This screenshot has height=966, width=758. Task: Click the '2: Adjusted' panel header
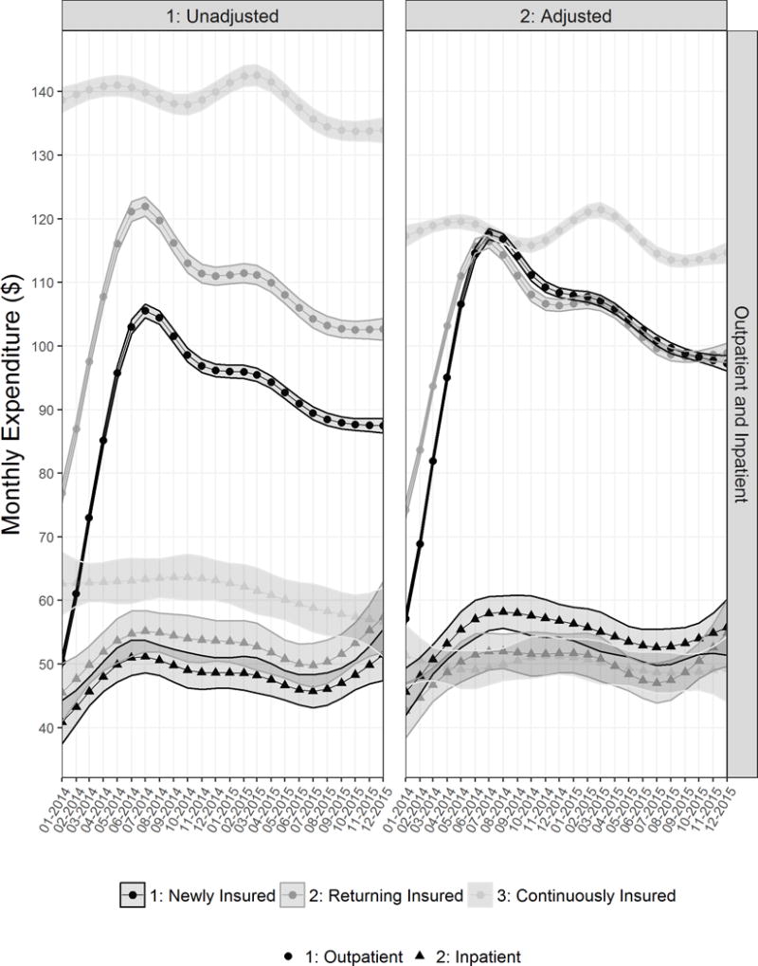pyautogui.click(x=566, y=15)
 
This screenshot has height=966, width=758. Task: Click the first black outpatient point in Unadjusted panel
pyautogui.click(x=63, y=660)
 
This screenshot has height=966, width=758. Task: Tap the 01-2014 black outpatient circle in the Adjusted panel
pyautogui.click(x=407, y=619)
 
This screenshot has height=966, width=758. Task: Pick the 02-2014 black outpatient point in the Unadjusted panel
pyautogui.click(x=76, y=593)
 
